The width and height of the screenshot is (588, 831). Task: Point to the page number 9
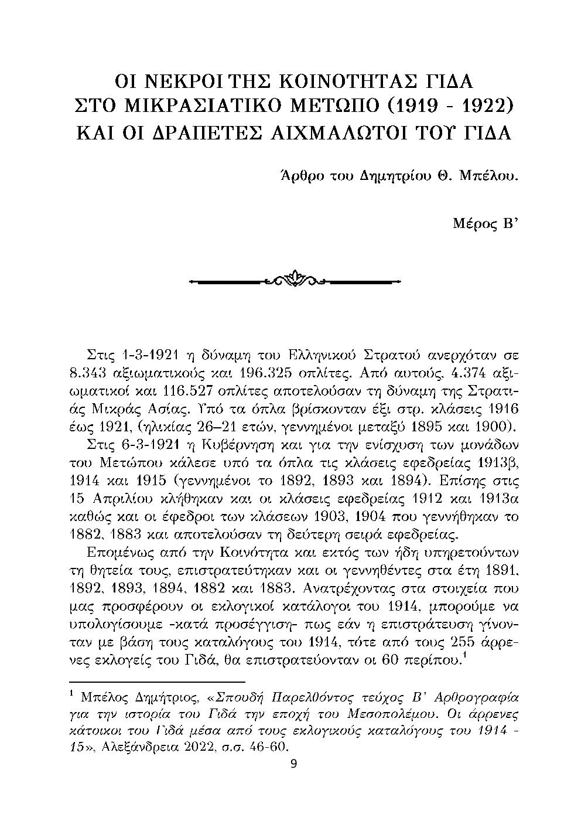tap(294, 764)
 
